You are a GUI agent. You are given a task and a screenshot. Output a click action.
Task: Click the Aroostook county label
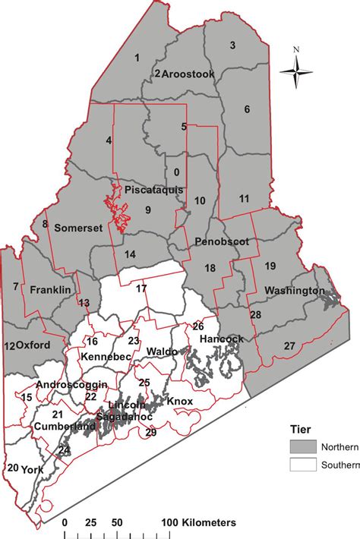point(189,74)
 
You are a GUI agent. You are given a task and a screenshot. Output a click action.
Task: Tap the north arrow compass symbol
point(296,72)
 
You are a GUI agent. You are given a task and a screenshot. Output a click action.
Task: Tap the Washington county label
point(294,291)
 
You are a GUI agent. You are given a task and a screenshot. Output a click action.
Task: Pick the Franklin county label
point(50,290)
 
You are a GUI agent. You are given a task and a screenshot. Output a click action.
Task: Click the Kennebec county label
point(106,355)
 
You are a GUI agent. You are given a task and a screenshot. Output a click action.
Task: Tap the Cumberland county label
point(65,427)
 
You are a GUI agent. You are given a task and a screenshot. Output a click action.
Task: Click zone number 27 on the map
point(289,346)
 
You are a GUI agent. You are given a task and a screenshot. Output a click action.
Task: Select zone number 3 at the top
point(232,45)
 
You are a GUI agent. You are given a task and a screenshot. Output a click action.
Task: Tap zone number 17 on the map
point(142,289)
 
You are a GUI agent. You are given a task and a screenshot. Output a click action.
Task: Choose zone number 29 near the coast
point(150,433)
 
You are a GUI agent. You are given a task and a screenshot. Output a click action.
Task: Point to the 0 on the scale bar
point(65,523)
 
